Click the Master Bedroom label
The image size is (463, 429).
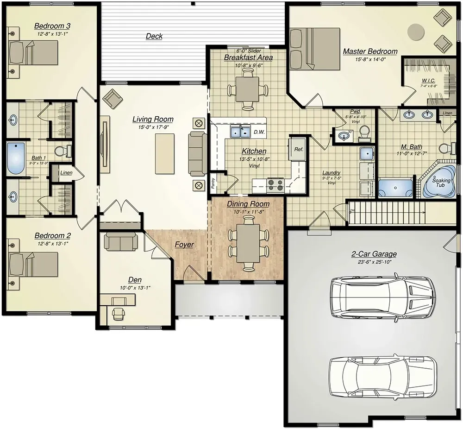click(369, 51)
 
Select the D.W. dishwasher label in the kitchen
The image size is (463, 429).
click(258, 132)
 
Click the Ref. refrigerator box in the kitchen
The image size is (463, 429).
click(298, 149)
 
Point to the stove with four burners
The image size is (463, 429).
click(276, 185)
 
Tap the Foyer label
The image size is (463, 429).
click(184, 245)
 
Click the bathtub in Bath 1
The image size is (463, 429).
click(15, 158)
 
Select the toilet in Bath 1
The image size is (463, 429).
click(62, 151)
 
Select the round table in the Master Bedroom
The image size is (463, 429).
click(415, 32)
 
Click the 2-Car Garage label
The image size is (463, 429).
click(374, 254)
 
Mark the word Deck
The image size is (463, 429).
click(154, 36)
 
